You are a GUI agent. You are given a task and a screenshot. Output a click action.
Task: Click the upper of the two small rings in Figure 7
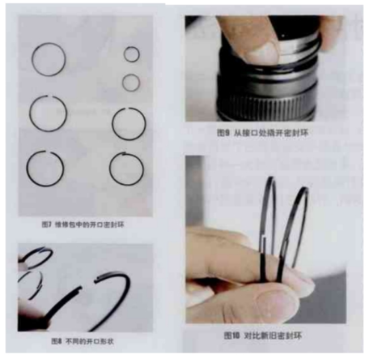click(x=132, y=54)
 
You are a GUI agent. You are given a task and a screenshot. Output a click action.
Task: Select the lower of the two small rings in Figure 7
click(x=132, y=81)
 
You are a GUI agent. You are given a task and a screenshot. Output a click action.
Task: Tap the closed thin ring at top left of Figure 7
click(x=49, y=58)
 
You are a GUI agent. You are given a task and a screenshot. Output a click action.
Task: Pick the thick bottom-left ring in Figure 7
click(x=45, y=167)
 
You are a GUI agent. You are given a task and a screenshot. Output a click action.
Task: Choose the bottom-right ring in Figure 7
click(x=128, y=168)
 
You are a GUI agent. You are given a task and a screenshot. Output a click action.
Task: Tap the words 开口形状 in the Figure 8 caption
click(x=98, y=341)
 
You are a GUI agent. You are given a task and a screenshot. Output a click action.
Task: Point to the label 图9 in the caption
click(x=224, y=133)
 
